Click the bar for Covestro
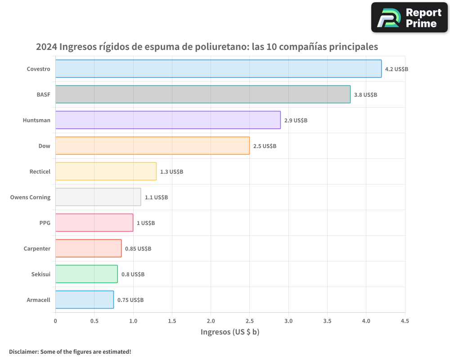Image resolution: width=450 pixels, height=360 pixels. point(218,69)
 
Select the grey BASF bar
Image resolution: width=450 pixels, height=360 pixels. point(202,94)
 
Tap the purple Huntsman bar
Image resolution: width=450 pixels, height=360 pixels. point(168,120)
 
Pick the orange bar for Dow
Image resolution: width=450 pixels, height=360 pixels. point(152,146)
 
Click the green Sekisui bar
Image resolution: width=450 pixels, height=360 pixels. point(86,274)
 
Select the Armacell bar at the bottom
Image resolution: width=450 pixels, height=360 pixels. point(84,300)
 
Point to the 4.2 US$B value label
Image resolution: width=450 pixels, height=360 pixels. point(396,69)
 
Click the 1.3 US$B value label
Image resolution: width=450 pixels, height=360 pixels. point(171,172)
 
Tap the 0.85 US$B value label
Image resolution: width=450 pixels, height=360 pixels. point(138,249)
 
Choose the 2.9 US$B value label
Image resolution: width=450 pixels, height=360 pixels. point(296,121)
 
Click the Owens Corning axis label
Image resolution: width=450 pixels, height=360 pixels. point(30,198)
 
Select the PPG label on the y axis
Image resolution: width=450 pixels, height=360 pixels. point(45,223)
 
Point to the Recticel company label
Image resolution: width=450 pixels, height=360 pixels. point(40,172)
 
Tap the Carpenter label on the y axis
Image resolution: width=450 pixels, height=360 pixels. point(37,249)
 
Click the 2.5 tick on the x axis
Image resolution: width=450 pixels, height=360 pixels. point(250,321)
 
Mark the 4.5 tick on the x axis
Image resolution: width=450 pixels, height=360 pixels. point(405,321)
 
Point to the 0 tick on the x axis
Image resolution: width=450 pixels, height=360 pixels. point(55,321)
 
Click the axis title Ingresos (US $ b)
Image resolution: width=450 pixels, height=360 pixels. point(230,332)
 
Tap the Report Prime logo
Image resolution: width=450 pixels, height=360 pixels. point(409,18)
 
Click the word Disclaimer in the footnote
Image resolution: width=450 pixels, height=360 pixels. point(23,352)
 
